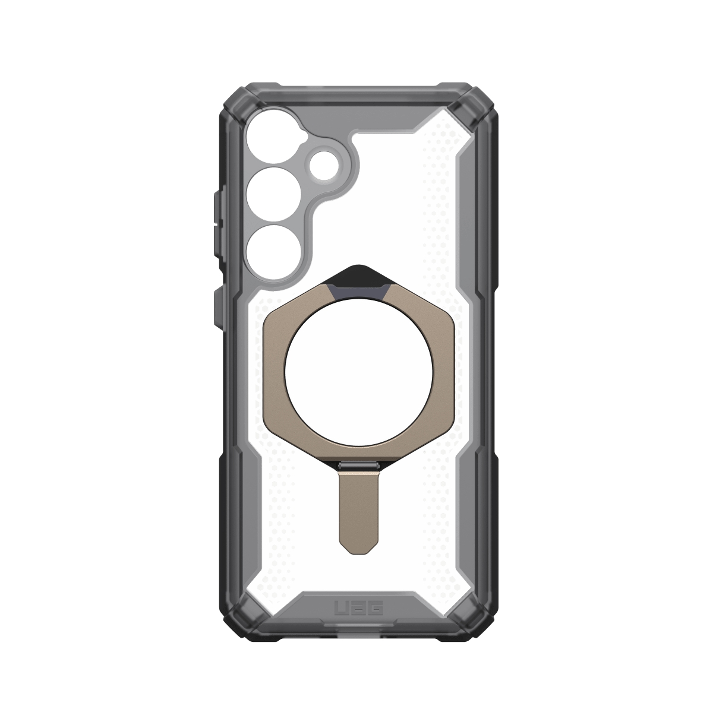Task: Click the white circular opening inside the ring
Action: coord(357,380)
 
